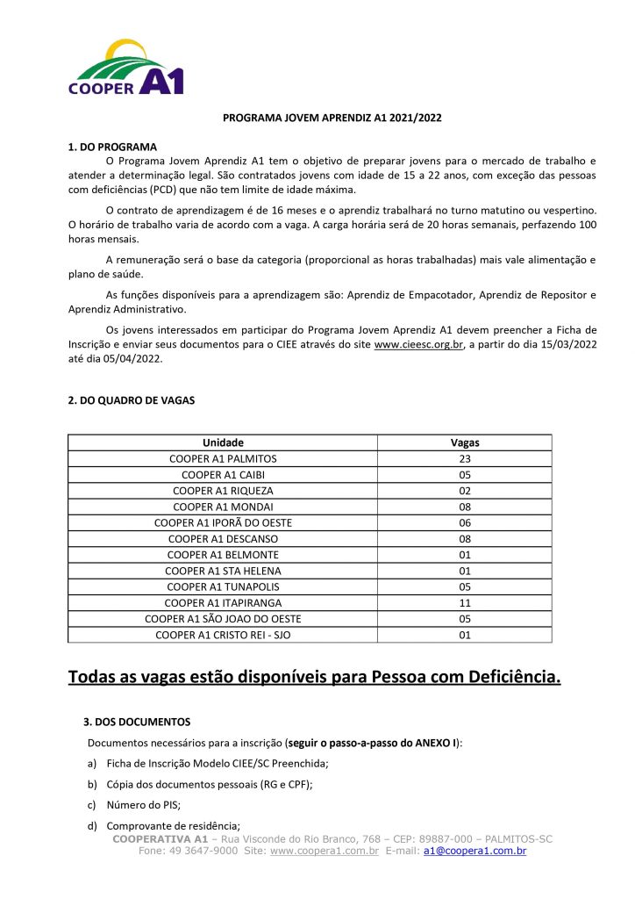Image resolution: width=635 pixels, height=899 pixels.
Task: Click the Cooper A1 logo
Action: click(x=126, y=68)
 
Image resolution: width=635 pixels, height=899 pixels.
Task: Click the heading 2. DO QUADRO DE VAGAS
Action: click(x=132, y=400)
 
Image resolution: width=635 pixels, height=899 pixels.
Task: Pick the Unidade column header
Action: click(x=223, y=443)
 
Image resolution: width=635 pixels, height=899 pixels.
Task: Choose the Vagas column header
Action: click(x=465, y=443)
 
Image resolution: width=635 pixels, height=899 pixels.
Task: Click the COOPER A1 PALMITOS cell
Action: click(x=223, y=459)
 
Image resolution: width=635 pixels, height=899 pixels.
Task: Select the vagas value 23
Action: click(x=465, y=459)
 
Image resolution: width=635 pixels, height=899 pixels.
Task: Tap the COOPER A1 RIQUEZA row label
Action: click(x=223, y=491)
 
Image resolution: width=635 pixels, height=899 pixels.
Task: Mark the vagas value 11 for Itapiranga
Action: click(x=465, y=603)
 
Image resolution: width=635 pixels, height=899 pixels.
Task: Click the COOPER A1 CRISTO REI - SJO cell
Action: click(x=223, y=635)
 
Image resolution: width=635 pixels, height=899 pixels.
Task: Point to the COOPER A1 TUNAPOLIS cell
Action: click(x=223, y=586)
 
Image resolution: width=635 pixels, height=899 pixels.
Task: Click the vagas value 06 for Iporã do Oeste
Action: click(x=465, y=522)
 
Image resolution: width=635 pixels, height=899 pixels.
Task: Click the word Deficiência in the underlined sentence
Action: click(x=505, y=678)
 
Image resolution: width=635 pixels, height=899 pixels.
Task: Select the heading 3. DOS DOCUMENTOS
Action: click(x=137, y=723)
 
